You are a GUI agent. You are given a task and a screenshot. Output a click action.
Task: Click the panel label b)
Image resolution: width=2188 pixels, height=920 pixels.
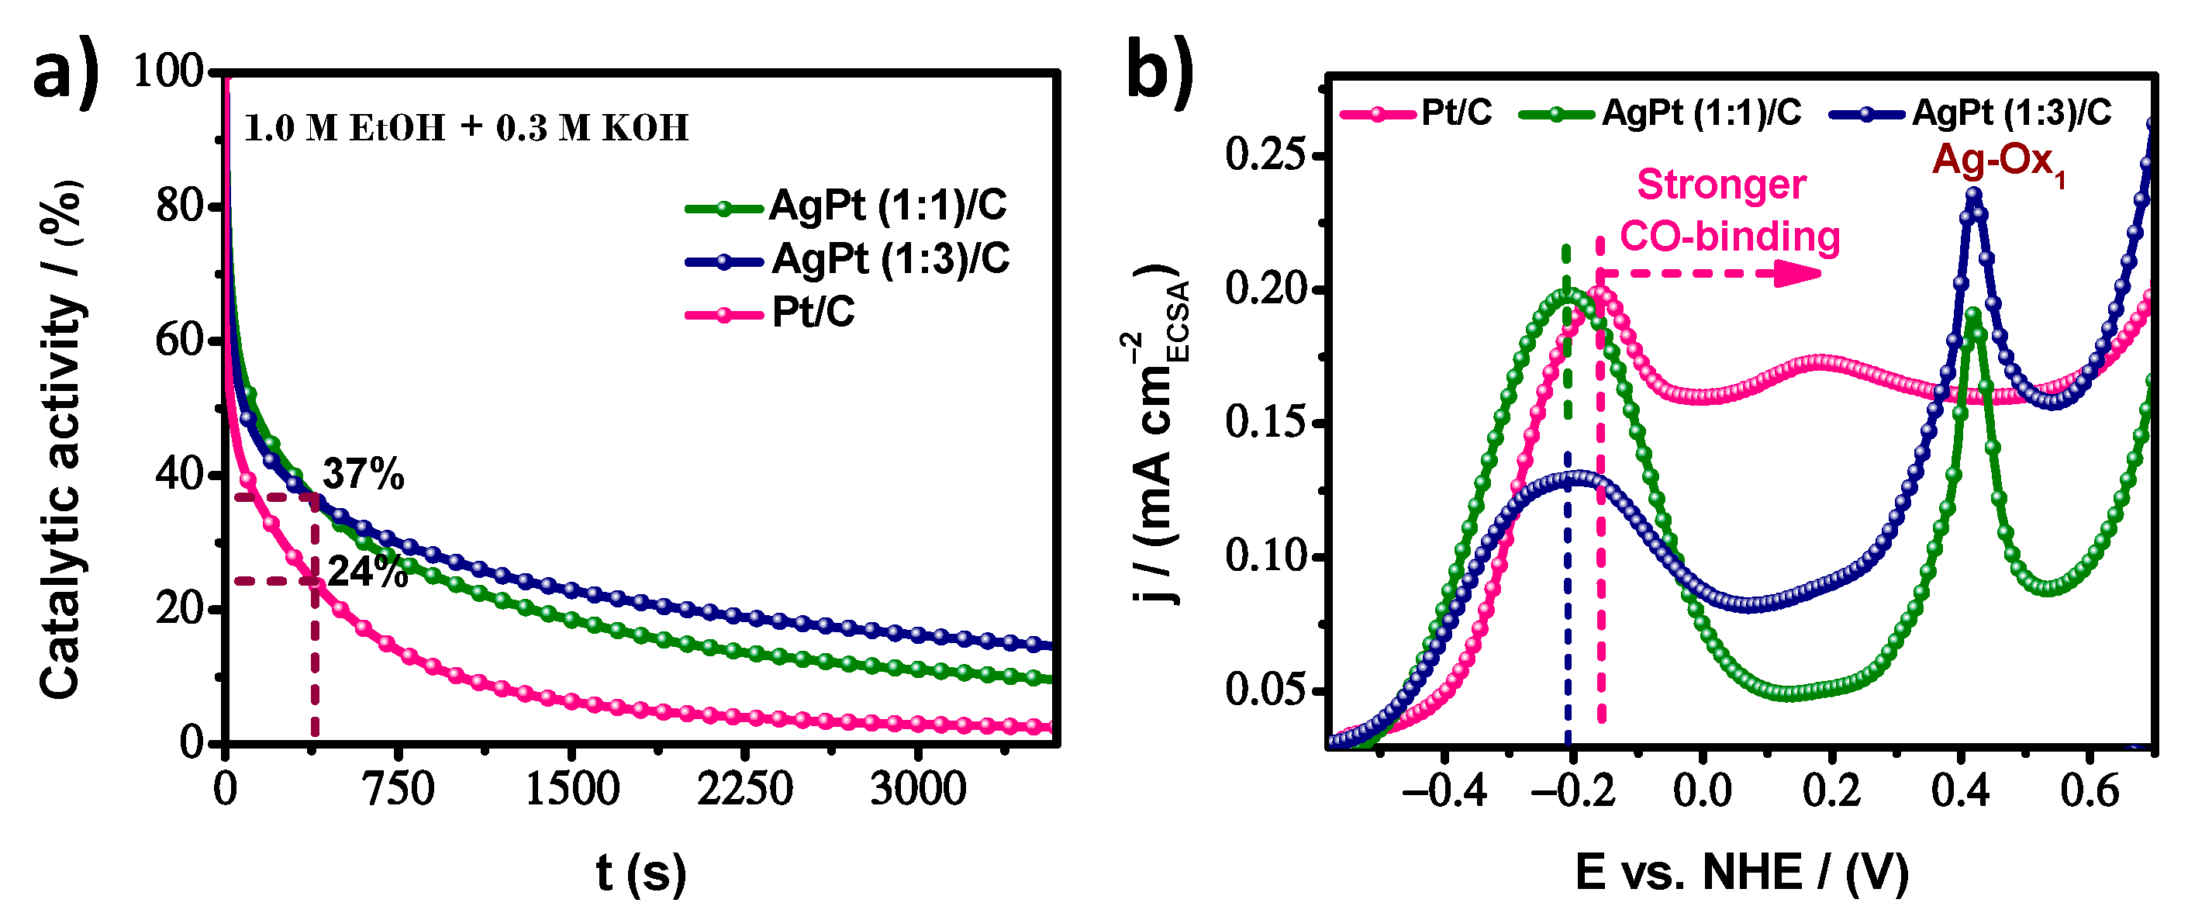[1159, 72]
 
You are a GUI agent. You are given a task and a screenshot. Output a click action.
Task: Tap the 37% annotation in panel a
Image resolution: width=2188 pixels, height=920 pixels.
[364, 473]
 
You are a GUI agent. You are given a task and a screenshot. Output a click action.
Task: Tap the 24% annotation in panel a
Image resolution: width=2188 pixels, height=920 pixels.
[367, 572]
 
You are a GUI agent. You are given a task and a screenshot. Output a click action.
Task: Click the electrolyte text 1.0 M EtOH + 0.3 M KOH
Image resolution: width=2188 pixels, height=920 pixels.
[466, 128]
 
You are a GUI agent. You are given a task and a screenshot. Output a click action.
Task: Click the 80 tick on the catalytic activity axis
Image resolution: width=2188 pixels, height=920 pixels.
[181, 206]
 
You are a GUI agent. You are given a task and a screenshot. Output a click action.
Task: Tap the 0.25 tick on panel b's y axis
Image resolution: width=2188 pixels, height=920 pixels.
[1264, 155]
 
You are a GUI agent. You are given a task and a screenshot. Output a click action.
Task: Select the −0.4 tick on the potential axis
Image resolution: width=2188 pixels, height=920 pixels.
[1444, 792]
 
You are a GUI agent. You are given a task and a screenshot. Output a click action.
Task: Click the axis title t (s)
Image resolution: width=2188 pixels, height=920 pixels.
[640, 873]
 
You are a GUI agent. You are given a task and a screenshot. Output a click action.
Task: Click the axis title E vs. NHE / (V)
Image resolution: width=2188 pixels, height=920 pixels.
[1741, 873]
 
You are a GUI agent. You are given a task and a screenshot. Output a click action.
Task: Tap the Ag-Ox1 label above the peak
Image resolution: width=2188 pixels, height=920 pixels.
[1998, 161]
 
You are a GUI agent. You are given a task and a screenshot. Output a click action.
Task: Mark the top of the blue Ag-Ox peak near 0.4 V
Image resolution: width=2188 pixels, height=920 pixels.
[1973, 195]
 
